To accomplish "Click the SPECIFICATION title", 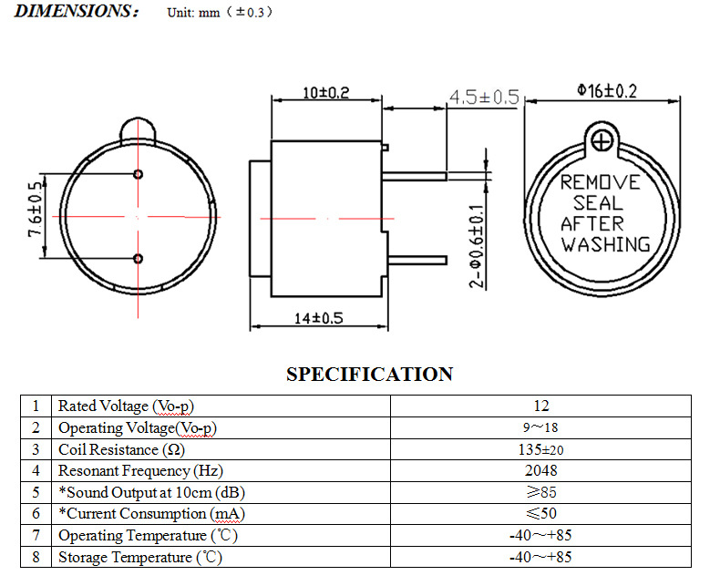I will coord(369,374).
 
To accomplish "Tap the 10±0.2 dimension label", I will coord(325,93).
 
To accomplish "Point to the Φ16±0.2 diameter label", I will coord(607,90).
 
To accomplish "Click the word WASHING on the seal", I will coord(605,244).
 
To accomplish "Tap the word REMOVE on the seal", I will coord(600,182).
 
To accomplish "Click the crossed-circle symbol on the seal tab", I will coord(601,141).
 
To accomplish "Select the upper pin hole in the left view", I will coord(138,174).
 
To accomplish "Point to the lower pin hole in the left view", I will coord(138,260).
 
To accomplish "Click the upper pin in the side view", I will coord(414,176).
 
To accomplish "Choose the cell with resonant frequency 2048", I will coord(540,470).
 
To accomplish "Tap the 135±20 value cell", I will coord(540,449).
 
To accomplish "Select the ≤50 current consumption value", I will coord(540,514).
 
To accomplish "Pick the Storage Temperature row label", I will coord(139,557).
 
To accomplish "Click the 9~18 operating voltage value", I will coord(540,427).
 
